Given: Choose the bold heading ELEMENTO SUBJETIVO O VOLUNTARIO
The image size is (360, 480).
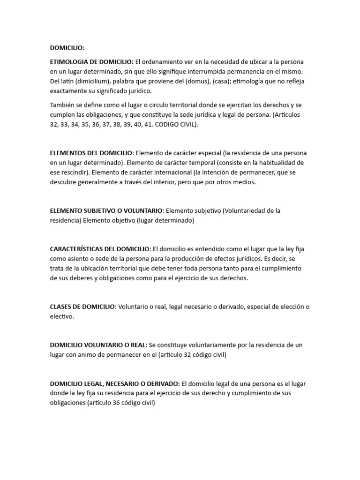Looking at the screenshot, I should [x=106, y=210].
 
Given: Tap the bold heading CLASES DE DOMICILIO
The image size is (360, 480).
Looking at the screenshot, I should [x=82, y=307].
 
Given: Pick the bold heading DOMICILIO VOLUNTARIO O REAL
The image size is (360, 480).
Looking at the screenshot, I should [x=98, y=345].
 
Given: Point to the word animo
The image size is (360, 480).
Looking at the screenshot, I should [x=95, y=355].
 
